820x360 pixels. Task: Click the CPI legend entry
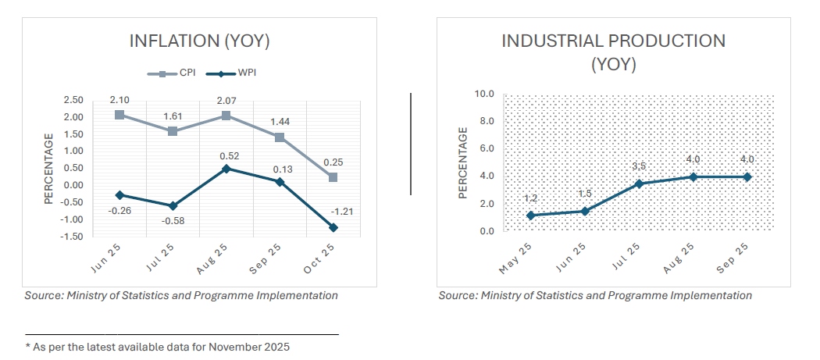click(173, 73)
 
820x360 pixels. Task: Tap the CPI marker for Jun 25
click(119, 115)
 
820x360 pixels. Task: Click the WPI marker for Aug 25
click(226, 169)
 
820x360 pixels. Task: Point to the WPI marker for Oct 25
click(333, 227)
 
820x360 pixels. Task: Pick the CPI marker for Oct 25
click(333, 177)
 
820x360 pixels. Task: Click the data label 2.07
click(226, 97)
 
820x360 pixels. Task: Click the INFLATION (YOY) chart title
click(205, 41)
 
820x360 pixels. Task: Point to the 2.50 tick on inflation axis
click(73, 100)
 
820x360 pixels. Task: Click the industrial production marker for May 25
click(531, 216)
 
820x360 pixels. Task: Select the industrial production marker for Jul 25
click(639, 184)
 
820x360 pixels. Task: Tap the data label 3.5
click(639, 166)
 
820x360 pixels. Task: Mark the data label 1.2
click(530, 198)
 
